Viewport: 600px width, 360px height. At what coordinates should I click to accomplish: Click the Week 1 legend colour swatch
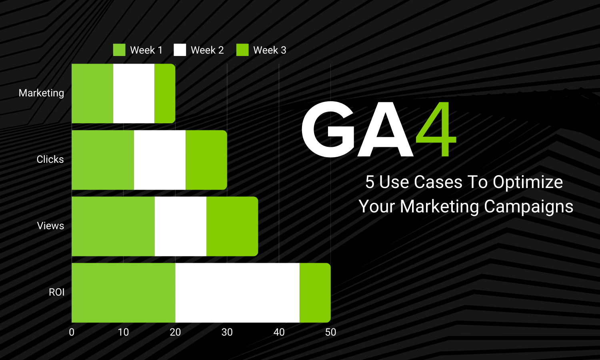(119, 50)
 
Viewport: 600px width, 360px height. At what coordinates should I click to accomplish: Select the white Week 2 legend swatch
(180, 50)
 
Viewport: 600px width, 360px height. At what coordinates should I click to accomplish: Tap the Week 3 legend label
(270, 50)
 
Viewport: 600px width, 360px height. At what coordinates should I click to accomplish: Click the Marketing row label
(41, 93)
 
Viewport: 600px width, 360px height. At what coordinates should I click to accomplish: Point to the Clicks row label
(50, 159)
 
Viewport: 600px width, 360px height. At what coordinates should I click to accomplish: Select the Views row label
(50, 226)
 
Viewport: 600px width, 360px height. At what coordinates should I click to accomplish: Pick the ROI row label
(56, 292)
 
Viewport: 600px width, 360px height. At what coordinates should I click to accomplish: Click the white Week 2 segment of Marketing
(134, 93)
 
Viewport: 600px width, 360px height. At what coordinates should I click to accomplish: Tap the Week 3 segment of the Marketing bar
(165, 93)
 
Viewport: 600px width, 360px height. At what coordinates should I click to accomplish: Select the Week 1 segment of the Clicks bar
(103, 160)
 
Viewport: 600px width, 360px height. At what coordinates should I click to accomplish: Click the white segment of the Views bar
(180, 226)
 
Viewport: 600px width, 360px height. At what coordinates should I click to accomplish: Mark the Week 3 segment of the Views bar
(232, 226)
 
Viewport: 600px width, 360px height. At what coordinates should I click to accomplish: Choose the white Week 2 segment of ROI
(237, 292)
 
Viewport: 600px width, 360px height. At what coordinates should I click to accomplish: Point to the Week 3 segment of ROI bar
(315, 292)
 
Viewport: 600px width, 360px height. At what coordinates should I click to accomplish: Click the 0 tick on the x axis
(72, 332)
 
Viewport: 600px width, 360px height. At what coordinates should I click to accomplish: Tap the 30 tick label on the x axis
(227, 332)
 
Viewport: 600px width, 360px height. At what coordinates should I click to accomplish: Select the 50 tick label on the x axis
(330, 332)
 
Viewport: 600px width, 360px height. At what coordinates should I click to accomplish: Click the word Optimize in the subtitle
(528, 182)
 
